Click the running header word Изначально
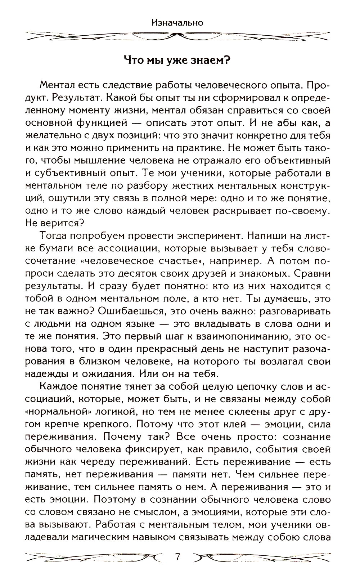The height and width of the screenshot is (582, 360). (x=177, y=23)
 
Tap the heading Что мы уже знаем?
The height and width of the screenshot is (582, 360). (x=177, y=59)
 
